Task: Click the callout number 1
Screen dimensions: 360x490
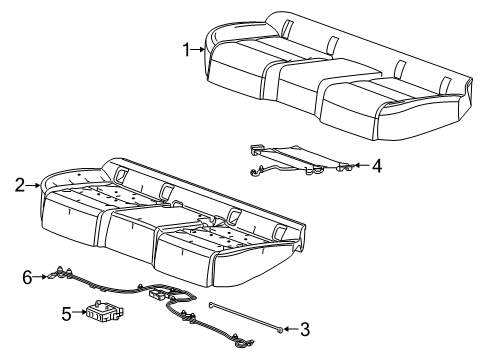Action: click(186, 48)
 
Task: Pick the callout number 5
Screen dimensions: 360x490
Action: click(67, 314)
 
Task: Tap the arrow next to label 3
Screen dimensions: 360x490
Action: click(289, 327)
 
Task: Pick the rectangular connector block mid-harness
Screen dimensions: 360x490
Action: click(157, 295)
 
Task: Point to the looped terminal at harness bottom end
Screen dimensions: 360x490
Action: click(243, 345)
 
